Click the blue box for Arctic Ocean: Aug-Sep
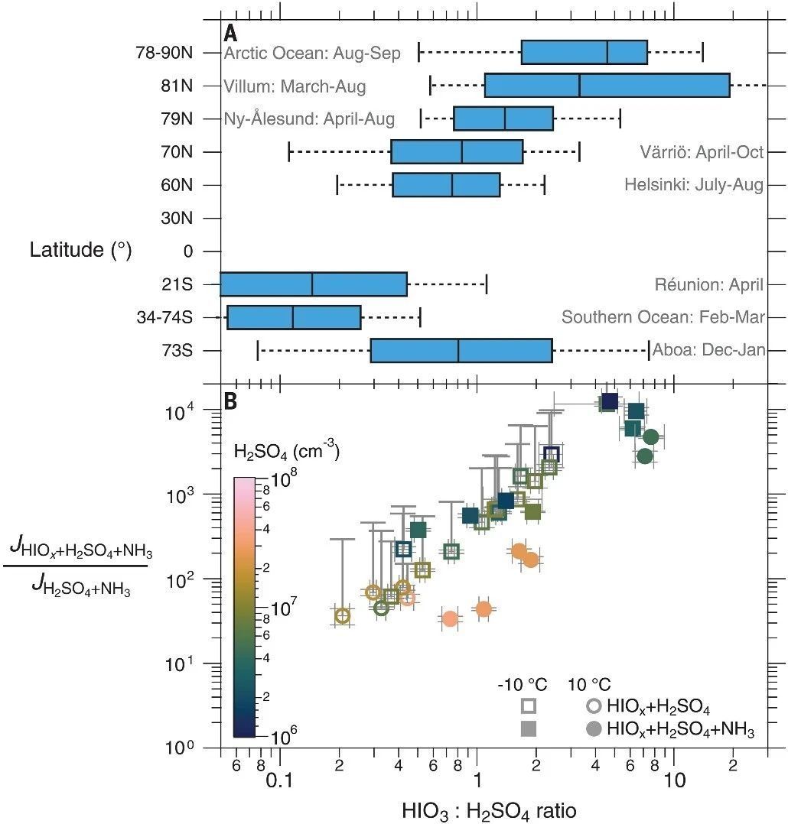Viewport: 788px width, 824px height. tap(584, 52)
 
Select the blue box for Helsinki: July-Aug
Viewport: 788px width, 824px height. tap(446, 185)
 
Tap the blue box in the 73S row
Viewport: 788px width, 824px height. tap(461, 350)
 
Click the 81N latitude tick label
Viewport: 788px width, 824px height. tap(177, 86)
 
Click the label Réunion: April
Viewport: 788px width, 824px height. tap(708, 285)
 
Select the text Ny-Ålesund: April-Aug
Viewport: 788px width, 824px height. tap(310, 119)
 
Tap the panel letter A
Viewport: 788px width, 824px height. tap(230, 34)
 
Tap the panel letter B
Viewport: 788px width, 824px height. tap(230, 400)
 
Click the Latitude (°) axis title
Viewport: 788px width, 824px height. tap(81, 249)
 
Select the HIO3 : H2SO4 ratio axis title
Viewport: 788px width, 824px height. tap(494, 809)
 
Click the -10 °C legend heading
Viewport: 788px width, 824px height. tap(523, 683)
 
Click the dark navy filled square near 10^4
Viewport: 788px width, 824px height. tap(610, 401)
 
